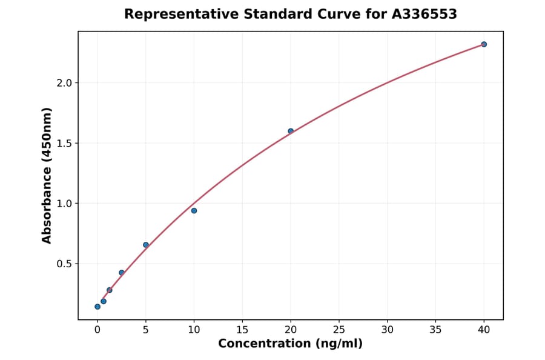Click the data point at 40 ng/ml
pos(484,44)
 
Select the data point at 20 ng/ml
pos(291,131)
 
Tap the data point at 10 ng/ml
pos(194,211)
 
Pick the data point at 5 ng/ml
pos(146,245)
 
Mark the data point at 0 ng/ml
pos(97,307)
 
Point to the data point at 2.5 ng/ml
pos(122,273)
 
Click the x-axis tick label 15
pos(242,330)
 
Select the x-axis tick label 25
pos(339,330)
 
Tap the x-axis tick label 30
pos(388,330)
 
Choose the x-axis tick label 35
pos(435,330)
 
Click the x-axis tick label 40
pos(484,330)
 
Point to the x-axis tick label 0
pos(97,330)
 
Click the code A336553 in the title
pos(423,14)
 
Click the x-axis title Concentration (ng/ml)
pos(290,344)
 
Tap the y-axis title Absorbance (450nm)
pos(47,176)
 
